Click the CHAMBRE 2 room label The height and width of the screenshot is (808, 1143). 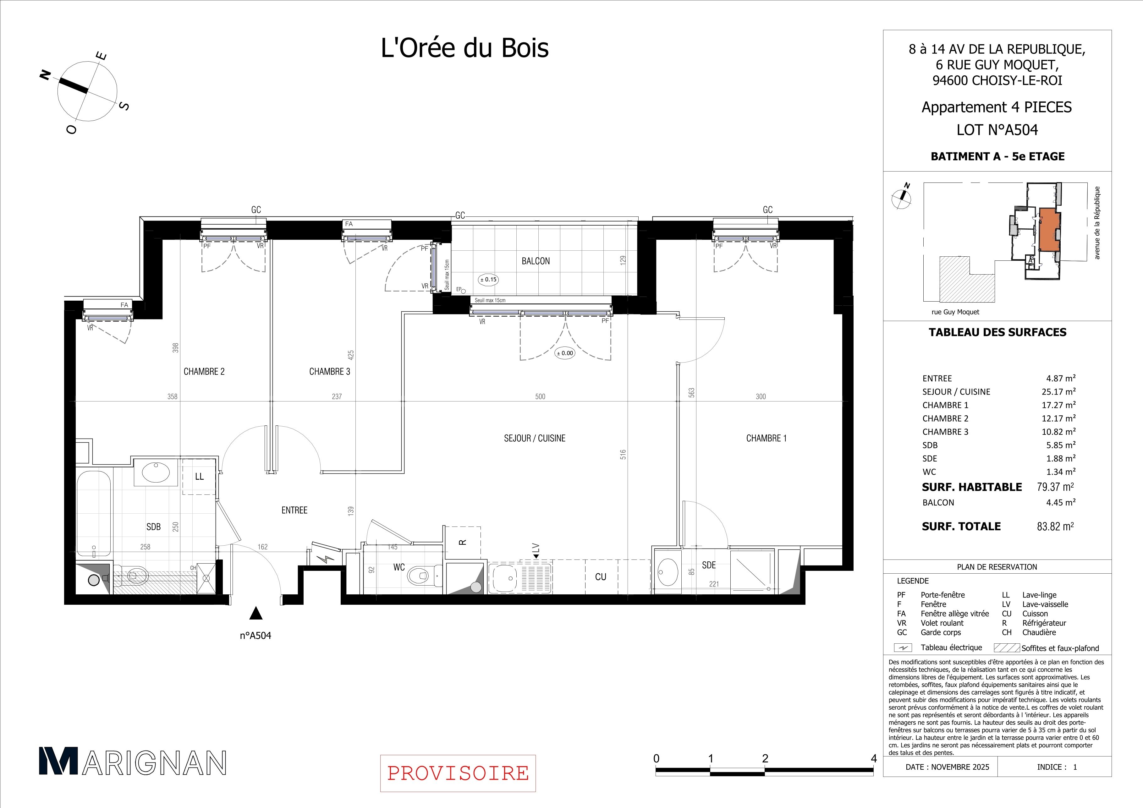(204, 372)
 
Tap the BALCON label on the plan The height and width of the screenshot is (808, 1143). (536, 261)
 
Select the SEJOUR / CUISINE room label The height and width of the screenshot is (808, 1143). (535, 438)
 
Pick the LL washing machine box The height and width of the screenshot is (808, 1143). (199, 477)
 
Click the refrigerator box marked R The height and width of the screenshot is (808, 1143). (463, 542)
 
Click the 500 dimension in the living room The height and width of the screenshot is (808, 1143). (540, 396)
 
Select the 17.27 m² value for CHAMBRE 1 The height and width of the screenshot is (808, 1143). (1059, 405)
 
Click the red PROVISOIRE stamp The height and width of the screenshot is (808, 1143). (458, 773)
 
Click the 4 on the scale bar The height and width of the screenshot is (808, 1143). (874, 759)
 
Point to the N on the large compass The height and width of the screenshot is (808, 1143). (45, 75)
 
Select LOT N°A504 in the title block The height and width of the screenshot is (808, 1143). (997, 130)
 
